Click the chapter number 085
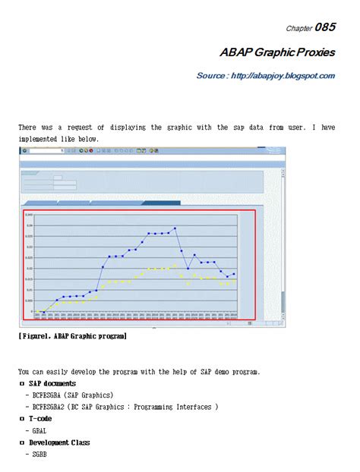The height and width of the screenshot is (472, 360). [325, 27]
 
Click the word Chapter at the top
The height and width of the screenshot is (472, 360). [298, 29]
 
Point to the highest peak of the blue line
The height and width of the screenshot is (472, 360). [175, 228]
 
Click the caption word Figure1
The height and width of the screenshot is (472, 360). [36, 335]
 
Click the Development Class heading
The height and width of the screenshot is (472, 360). [60, 442]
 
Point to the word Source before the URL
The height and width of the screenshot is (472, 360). [212, 76]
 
